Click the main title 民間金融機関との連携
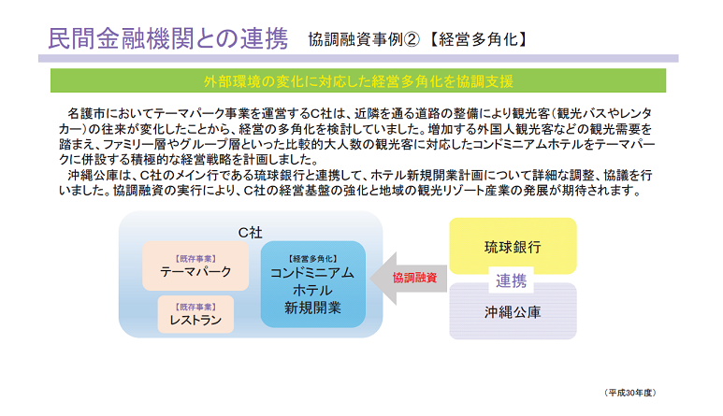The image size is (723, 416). tap(168, 38)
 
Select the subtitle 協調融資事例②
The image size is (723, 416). tap(364, 39)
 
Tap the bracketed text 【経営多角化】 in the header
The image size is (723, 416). tap(478, 39)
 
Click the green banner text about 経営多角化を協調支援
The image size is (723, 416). tap(358, 81)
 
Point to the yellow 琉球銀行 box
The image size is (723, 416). tap(513, 246)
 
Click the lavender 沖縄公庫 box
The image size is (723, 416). tap(513, 312)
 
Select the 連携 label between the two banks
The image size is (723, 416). tap(511, 280)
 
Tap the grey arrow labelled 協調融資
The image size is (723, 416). tap(409, 279)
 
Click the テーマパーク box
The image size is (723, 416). tap(195, 265)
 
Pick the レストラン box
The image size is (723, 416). tap(195, 314)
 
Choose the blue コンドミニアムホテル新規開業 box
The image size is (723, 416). tap(313, 284)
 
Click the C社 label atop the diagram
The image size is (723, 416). tap(251, 233)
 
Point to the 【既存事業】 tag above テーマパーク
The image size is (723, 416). tap(195, 259)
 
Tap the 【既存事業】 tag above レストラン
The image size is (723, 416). tap(195, 307)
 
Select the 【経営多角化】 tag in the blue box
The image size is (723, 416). tap(312, 259)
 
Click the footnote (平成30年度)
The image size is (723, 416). tap(629, 393)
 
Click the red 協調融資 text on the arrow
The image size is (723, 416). tap(414, 278)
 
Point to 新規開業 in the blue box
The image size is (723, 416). tap(312, 308)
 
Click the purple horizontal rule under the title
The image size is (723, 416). tap(358, 59)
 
